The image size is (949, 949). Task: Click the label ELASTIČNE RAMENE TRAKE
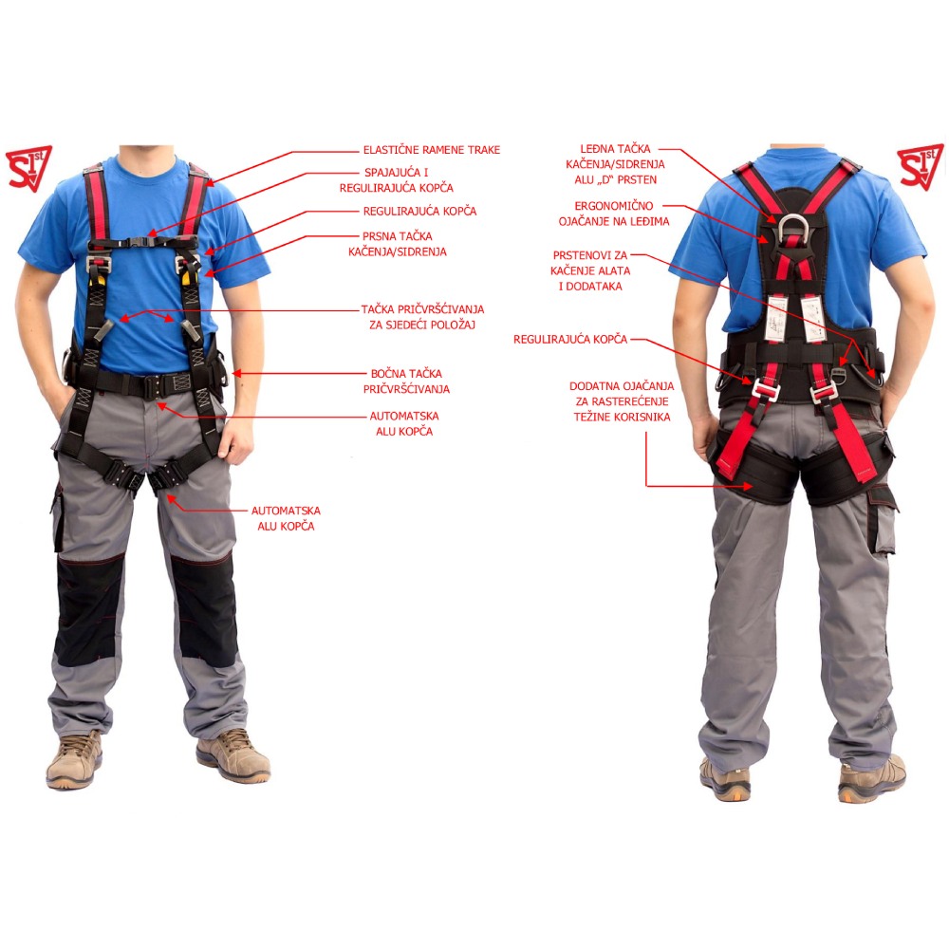pos(432,150)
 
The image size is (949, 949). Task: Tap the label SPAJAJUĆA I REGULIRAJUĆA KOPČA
pos(397,180)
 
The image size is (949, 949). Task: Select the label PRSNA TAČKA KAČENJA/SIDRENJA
pos(398,244)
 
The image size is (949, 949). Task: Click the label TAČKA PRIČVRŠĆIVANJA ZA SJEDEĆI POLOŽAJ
pos(422,317)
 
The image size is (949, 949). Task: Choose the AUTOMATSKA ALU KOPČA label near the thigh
pos(286,519)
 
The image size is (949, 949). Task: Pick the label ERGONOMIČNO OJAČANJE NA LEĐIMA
pos(614,214)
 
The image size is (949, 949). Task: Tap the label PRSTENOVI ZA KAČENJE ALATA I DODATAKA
pos(590,270)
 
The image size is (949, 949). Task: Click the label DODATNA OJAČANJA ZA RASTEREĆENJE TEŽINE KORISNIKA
pos(622,401)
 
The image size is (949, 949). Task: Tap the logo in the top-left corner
pos(28,168)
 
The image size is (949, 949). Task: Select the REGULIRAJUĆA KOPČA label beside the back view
pos(570,340)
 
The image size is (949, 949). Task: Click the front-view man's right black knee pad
pos(87,610)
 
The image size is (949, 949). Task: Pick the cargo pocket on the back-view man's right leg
pos(883,519)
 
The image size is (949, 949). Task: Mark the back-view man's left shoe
pos(724,781)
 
